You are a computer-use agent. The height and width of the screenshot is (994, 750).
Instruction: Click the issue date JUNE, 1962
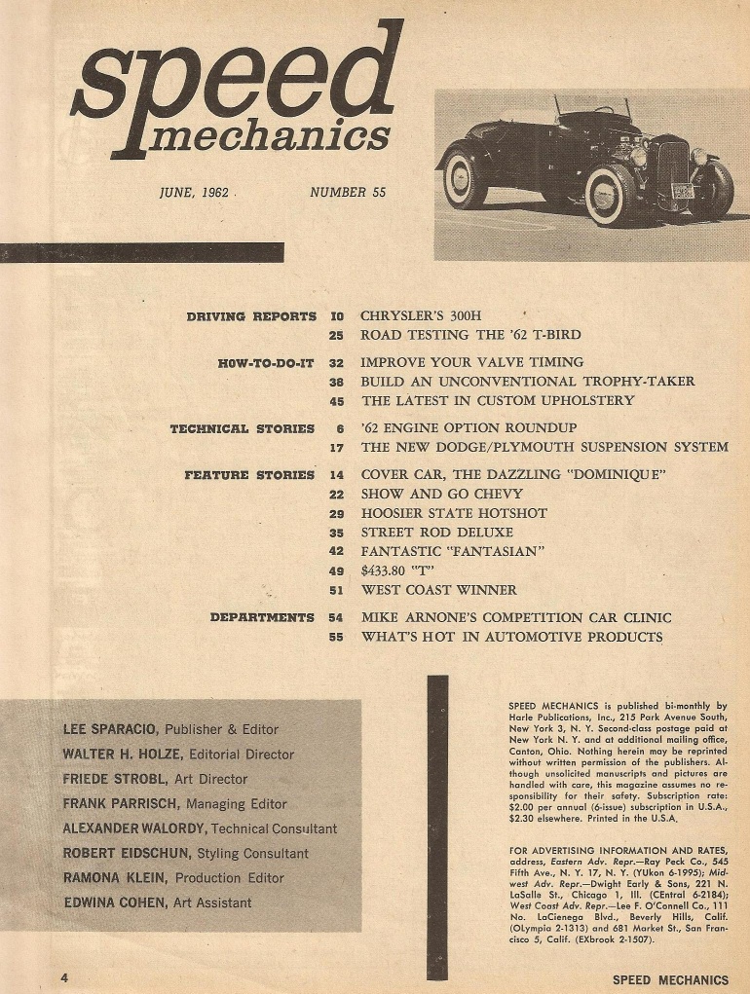[194, 192]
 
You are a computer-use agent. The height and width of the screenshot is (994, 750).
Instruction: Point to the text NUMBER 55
[348, 192]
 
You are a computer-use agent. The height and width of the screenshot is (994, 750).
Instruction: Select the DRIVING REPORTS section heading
[251, 316]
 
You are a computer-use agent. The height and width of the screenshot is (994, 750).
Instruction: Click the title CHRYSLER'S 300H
[421, 315]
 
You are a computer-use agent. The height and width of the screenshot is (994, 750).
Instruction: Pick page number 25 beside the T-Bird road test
[337, 336]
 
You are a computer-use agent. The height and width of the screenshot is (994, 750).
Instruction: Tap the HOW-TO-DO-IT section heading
[267, 363]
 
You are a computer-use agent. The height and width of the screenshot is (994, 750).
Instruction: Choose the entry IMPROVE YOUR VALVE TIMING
[472, 362]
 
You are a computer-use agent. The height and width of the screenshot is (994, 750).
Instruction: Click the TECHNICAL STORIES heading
[243, 428]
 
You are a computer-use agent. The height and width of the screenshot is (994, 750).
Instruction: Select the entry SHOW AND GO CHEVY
[441, 494]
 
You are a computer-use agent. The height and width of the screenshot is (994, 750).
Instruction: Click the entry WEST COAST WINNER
[438, 589]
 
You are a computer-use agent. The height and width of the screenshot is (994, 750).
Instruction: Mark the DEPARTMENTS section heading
[262, 617]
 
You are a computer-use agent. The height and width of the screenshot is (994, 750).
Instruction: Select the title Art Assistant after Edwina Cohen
[212, 903]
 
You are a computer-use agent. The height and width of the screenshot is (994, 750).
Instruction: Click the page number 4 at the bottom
[64, 977]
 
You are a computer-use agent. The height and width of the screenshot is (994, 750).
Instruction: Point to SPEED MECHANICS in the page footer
[670, 980]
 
